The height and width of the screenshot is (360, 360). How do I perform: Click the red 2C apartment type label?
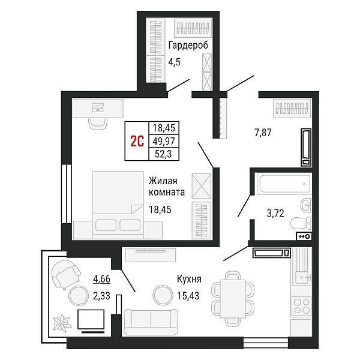pyautogui.click(x=137, y=141)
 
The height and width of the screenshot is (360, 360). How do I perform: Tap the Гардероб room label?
pyautogui.click(x=188, y=45)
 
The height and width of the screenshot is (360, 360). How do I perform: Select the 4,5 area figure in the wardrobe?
pyautogui.click(x=174, y=62)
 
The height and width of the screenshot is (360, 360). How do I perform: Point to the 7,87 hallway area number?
pyautogui.click(x=263, y=133)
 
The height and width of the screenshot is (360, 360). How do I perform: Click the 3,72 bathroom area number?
pyautogui.click(x=275, y=213)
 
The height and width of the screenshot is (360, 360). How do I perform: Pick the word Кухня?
pyautogui.click(x=189, y=279)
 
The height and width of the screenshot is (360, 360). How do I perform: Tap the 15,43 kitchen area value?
pyautogui.click(x=188, y=296)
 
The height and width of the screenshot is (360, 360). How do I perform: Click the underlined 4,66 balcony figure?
pyautogui.click(x=101, y=279)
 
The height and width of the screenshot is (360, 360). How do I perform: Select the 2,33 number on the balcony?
pyautogui.click(x=101, y=296)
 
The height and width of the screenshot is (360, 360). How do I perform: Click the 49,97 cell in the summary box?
pyautogui.click(x=164, y=141)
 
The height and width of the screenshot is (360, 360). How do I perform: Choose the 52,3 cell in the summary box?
pyautogui.click(x=163, y=154)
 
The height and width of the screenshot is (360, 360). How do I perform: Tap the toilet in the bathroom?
pyautogui.click(x=301, y=223)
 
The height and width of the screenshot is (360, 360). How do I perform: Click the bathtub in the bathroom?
pyautogui.click(x=284, y=184)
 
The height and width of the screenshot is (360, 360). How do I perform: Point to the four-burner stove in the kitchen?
pyautogui.click(x=302, y=307)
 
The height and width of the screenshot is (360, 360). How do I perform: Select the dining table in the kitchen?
pyautogui.click(x=233, y=299)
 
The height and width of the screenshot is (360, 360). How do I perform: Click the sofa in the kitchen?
pyautogui.click(x=151, y=322)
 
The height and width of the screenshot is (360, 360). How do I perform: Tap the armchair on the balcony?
pyautogui.click(x=66, y=274)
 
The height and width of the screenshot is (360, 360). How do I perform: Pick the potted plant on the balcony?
pyautogui.click(x=61, y=323)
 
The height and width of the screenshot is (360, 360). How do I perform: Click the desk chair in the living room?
pyautogui.click(x=98, y=124)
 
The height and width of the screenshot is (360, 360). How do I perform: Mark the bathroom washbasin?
pyautogui.click(x=306, y=205)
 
